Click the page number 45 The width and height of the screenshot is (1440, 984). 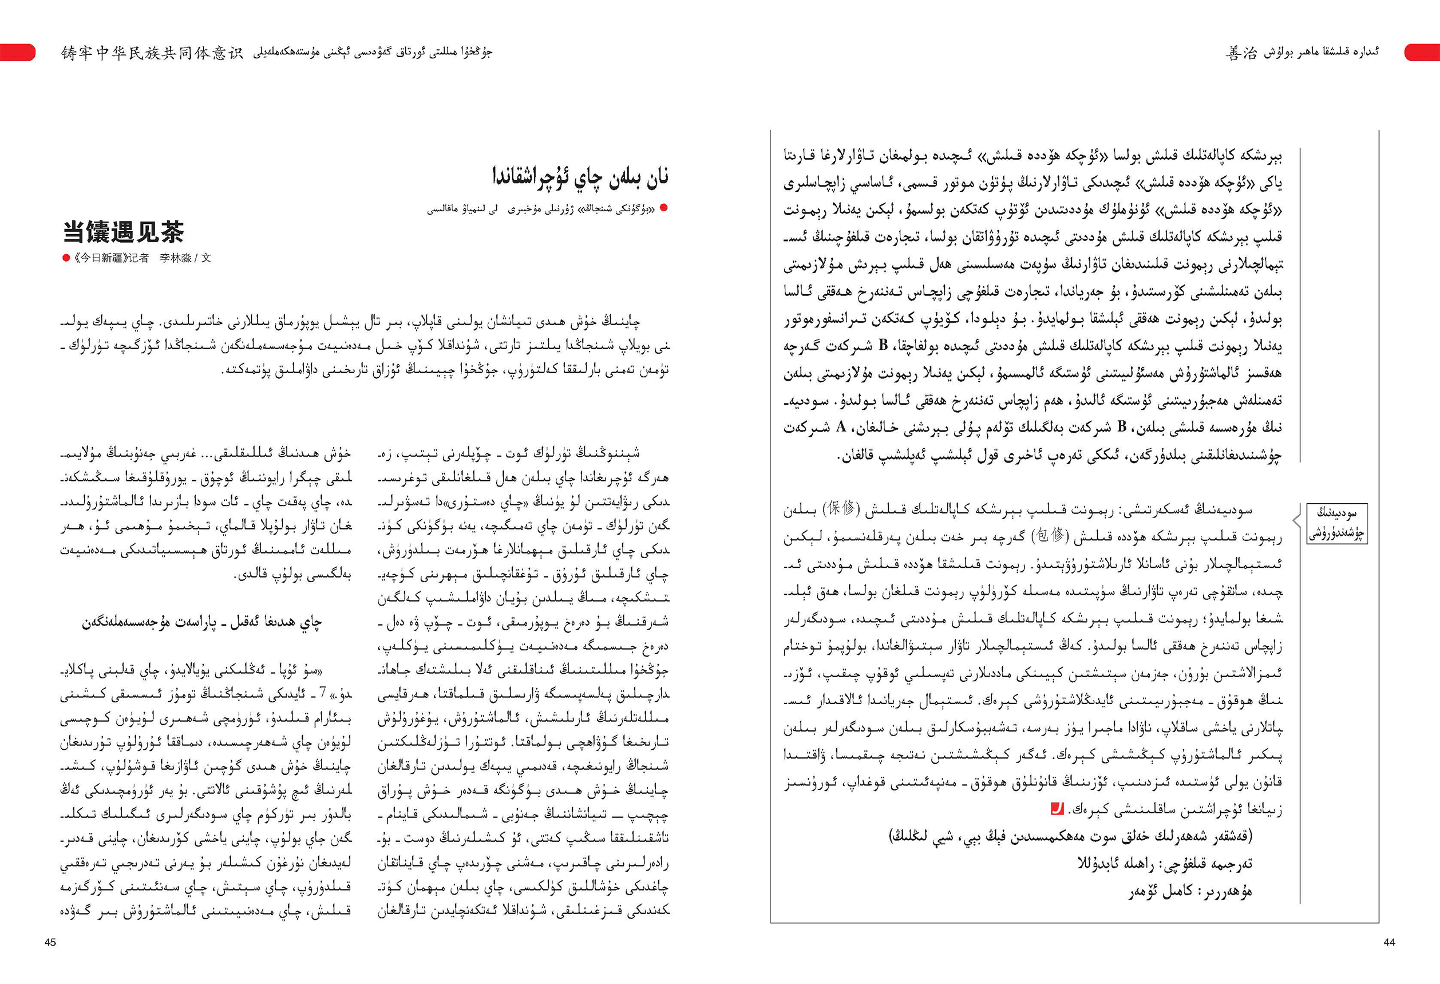(x=50, y=942)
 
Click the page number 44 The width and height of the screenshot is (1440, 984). (x=1389, y=942)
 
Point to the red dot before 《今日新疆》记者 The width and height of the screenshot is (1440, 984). (x=66, y=258)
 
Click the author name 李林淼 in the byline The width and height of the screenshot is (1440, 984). (x=173, y=258)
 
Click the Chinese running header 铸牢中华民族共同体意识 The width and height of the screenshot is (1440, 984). (x=152, y=53)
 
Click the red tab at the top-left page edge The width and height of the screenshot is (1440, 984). (x=17, y=53)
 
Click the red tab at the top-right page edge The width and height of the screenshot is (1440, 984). (x=1422, y=53)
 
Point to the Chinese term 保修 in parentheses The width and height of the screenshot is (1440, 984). (x=841, y=509)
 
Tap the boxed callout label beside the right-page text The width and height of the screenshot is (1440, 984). (x=1336, y=524)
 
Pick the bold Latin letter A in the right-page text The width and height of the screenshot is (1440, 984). (x=841, y=427)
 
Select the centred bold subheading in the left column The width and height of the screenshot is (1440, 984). (x=202, y=622)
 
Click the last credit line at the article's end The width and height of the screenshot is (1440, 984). (x=1190, y=892)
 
